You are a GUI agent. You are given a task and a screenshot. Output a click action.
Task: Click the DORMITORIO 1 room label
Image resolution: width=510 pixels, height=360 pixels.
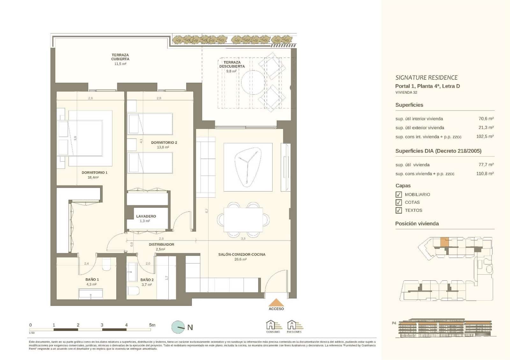point(94,173)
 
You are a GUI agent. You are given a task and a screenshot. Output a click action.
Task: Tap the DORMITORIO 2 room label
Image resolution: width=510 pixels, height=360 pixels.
point(164,143)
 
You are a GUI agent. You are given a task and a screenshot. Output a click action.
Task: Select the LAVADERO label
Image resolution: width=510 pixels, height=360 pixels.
point(146,216)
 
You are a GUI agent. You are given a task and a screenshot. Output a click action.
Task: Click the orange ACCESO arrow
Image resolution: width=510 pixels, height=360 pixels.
point(276,302)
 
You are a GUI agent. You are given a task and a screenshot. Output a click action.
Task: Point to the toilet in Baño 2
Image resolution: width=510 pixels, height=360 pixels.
point(134,291)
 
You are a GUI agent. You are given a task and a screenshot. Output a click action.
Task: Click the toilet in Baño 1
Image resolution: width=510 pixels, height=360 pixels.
point(106,264)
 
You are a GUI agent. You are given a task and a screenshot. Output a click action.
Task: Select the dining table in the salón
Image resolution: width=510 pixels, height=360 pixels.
point(243,220)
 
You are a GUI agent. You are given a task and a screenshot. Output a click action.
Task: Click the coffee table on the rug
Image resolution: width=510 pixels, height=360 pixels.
point(246,167)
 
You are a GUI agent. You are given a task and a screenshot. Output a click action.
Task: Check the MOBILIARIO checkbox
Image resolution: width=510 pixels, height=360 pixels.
point(398,195)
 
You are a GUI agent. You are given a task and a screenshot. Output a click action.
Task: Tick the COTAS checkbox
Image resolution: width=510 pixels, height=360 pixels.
point(398,203)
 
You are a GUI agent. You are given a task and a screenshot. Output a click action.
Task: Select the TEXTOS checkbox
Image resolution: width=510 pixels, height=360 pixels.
point(398,211)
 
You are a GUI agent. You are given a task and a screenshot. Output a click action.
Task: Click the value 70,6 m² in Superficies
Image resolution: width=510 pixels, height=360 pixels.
point(486,119)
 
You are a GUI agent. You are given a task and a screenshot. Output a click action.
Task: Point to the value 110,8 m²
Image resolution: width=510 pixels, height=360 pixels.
point(485,174)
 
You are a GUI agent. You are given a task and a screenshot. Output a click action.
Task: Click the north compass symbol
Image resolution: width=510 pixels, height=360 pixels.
point(178,327)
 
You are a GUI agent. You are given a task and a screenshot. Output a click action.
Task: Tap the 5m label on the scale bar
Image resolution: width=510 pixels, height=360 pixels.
point(152,325)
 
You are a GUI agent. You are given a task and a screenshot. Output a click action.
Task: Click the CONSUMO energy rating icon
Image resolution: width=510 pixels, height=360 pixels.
point(273,326)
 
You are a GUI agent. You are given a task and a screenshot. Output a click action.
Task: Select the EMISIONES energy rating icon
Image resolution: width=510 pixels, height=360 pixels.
point(294,326)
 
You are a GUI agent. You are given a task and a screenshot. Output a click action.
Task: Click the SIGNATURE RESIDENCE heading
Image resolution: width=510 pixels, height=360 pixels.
point(426,78)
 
